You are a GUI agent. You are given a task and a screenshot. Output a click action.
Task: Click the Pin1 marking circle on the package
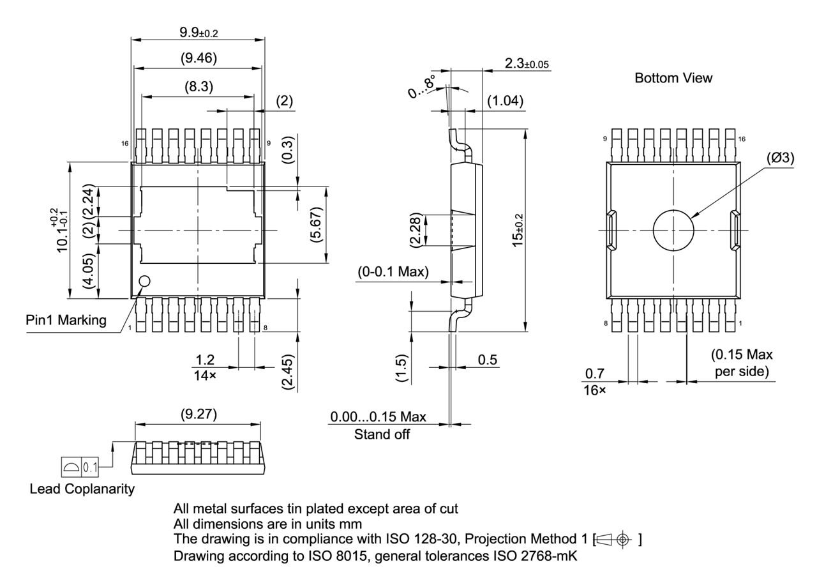pos(145,281)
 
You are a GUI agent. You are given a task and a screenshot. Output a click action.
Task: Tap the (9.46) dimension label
pos(197,59)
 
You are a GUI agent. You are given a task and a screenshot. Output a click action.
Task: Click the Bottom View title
pos(673,78)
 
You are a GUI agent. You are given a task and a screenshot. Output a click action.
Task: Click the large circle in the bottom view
pos(673,230)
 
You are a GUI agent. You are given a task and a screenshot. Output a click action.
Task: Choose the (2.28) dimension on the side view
pos(416,229)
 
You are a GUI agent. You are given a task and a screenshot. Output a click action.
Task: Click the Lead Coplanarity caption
pos(82,489)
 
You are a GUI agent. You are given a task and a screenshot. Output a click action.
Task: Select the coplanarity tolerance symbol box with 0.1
pos(80,468)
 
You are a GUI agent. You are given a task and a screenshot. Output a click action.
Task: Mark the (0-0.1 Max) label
pos(393,272)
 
